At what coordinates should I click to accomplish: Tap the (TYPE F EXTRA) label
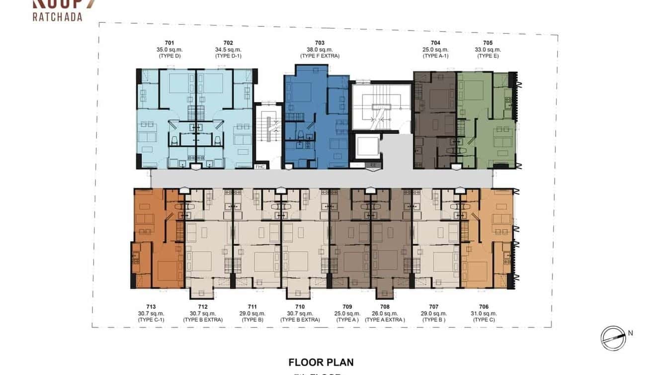tap(320, 56)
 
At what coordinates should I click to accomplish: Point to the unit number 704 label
tap(435, 43)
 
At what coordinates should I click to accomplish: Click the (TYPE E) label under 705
tap(488, 56)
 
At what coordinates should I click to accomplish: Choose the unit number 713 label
tap(151, 307)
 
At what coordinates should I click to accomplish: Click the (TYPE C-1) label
tap(151, 320)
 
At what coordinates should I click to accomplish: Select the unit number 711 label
tap(252, 307)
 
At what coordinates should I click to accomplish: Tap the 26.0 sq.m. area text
tap(385, 313)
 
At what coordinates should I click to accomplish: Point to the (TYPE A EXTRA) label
tap(385, 320)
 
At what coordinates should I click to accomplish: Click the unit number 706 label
tap(484, 307)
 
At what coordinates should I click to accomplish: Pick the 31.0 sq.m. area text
tap(484, 313)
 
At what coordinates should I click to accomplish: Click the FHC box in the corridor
tap(260, 167)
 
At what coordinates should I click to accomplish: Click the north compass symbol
tap(613, 338)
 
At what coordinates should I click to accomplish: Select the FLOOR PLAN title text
tap(321, 362)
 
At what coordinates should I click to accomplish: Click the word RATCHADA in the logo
tap(57, 17)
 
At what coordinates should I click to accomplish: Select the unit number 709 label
tap(347, 307)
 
